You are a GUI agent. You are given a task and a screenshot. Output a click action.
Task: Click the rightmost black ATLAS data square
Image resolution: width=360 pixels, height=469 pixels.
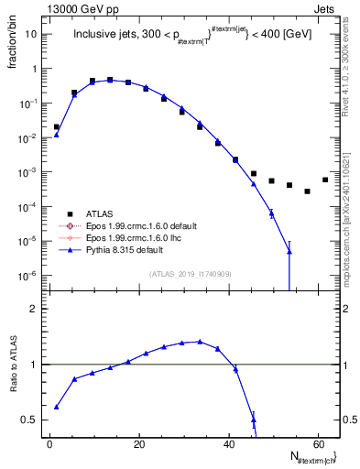coord(325,180)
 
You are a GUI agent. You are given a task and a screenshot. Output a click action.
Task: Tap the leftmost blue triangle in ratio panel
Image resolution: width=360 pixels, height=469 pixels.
coord(57,407)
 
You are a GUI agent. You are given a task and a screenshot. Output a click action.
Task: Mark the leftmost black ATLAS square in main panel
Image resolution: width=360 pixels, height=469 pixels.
coord(57,127)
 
